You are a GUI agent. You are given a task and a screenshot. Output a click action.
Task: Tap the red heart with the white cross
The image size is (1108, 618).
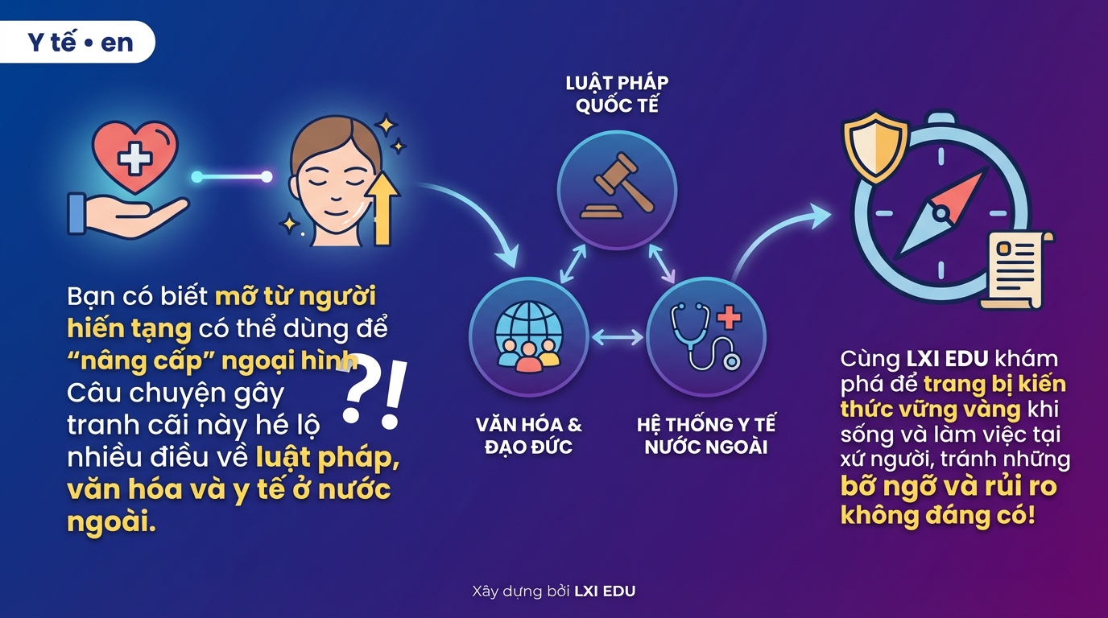(134, 157)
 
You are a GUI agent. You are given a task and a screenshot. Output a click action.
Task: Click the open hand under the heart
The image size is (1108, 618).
(127, 216)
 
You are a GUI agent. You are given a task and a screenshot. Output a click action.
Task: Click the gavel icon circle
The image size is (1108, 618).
(617, 190)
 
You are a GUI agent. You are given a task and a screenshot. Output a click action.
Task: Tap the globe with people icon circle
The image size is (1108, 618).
(529, 337)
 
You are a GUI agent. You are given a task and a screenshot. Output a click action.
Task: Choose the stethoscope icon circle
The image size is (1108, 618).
(706, 337)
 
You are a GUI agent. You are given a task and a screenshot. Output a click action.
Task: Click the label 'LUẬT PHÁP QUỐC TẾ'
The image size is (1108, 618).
(617, 94)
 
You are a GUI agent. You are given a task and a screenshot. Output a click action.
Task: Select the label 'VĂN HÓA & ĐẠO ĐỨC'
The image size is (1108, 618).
(529, 435)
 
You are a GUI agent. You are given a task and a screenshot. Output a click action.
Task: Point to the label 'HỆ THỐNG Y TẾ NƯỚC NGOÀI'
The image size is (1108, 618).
(706, 435)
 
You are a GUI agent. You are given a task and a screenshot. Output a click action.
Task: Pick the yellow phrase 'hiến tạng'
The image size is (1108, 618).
(129, 328)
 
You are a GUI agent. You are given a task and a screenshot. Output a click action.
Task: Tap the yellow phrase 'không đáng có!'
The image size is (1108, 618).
(937, 516)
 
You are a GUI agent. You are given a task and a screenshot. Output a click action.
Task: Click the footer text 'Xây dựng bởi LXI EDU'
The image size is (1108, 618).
(553, 591)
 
